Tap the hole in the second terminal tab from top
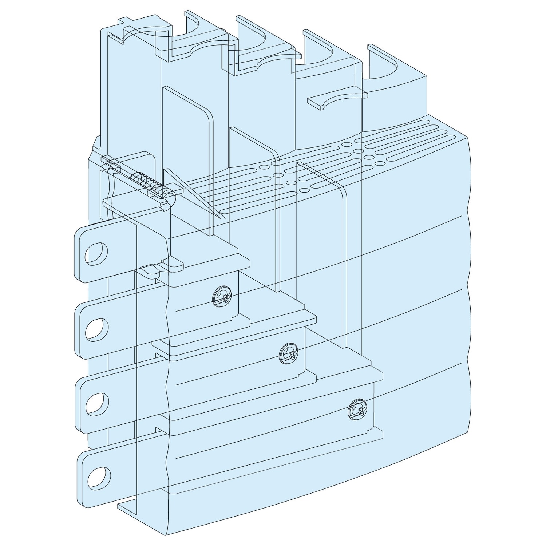pyautogui.click(x=97, y=328)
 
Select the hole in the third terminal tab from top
pyautogui.click(x=98, y=403)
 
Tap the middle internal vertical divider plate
pyautogui.click(x=255, y=204)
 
